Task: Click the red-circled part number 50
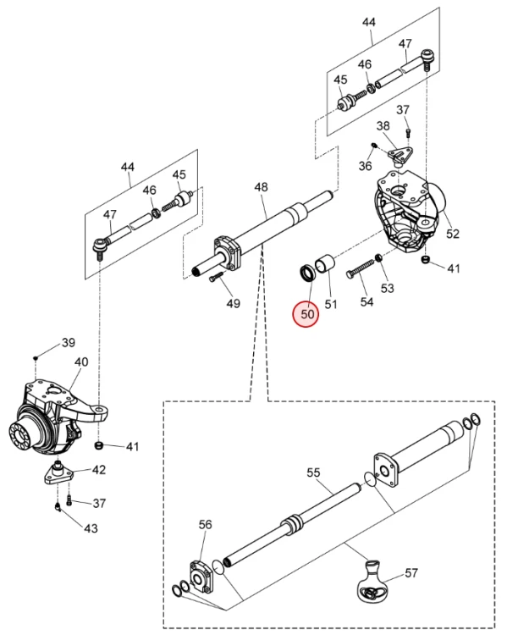coord(307,314)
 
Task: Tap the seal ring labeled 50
coord(307,273)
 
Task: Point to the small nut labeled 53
coord(379,257)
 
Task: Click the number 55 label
coord(313,472)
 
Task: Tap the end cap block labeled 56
coord(201,577)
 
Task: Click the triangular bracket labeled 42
coord(58,474)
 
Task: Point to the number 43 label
coord(91,528)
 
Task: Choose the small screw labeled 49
coord(217,277)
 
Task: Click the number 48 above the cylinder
coord(262,187)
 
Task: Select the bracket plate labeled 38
coord(400,156)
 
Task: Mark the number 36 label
coord(366,166)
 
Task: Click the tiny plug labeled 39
coord(36,357)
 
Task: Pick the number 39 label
coord(69,343)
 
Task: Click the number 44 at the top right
coord(368,22)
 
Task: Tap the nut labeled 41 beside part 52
coord(426,260)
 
